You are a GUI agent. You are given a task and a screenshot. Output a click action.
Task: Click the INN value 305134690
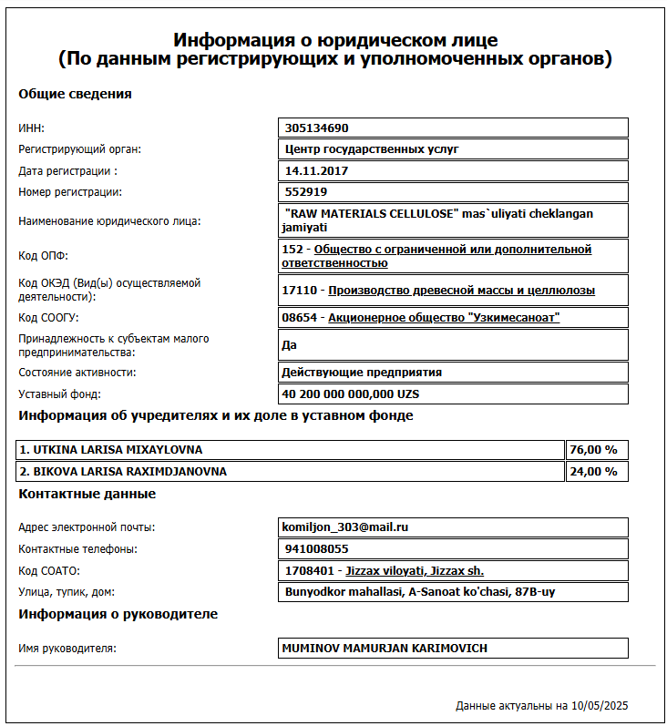tap(317, 128)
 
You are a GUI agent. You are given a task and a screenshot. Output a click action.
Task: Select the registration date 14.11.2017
tap(317, 170)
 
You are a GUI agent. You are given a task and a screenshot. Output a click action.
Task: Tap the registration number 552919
tap(306, 192)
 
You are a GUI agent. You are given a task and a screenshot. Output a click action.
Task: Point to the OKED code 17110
tap(302, 291)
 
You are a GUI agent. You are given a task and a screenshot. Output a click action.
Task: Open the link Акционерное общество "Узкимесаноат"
tap(444, 318)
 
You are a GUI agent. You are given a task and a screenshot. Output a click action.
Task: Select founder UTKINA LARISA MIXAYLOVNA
tap(111, 450)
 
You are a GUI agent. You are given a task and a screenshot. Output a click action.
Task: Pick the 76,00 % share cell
tap(593, 450)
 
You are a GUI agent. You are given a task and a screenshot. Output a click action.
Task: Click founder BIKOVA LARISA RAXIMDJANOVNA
tap(123, 472)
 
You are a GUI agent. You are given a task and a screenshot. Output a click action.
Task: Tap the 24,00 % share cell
tap(593, 472)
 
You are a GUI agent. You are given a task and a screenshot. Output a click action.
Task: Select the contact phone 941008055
tap(317, 549)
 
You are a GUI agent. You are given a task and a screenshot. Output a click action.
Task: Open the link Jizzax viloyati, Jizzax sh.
tap(415, 571)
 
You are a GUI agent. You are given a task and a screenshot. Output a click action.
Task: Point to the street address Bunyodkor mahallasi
tap(419, 592)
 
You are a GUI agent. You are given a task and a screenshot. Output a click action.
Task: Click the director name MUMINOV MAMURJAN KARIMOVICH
tap(386, 649)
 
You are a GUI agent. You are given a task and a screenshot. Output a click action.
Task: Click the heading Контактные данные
tap(87, 495)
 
